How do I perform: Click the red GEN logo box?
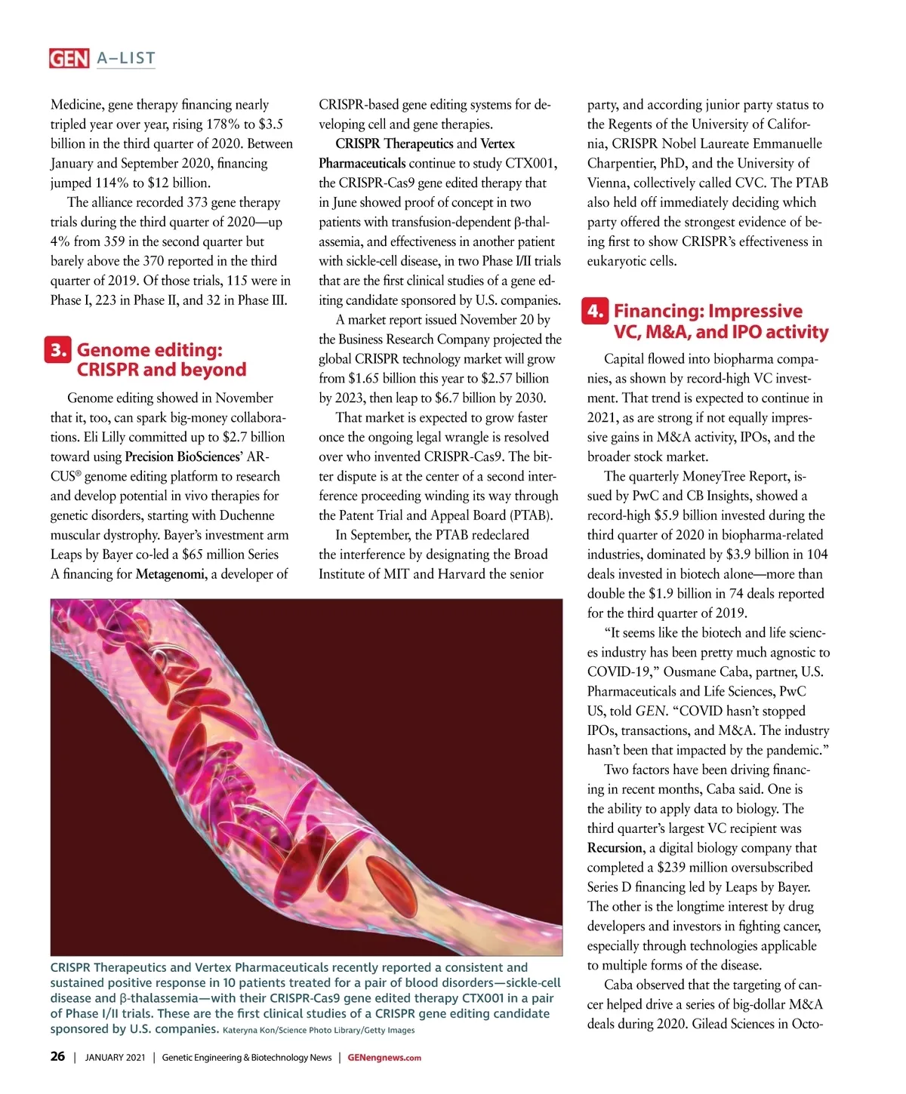tap(69, 58)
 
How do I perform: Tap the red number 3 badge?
tap(58, 350)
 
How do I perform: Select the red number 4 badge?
tap(595, 311)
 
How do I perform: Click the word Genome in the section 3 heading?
tap(112, 350)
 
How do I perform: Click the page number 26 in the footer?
tap(57, 1056)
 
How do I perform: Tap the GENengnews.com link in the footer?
tap(384, 1057)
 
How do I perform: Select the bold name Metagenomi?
tap(171, 574)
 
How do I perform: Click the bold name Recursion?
tap(615, 848)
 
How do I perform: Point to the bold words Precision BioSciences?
tap(183, 456)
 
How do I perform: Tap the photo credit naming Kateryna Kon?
tap(319, 1030)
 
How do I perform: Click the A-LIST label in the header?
tap(126, 58)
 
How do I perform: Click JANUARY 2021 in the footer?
tap(115, 1057)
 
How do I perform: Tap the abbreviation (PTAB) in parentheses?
tap(532, 515)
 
